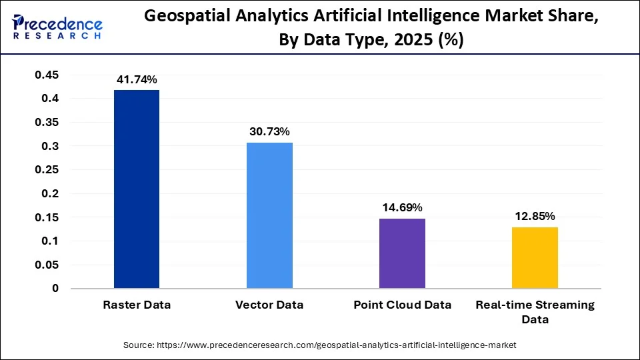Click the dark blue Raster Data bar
[x=137, y=189]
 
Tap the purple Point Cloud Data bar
[x=402, y=253]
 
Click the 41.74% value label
[x=137, y=79]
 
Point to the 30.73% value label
[x=269, y=132]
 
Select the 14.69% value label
[x=402, y=208]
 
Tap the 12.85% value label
[x=535, y=216]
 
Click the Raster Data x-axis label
[x=137, y=305]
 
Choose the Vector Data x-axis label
[x=269, y=305]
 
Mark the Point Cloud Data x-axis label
[x=402, y=305]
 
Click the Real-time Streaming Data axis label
[x=535, y=312]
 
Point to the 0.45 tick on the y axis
[x=46, y=75]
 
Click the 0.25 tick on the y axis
[x=46, y=170]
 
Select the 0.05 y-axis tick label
[x=46, y=265]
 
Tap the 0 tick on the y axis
[x=55, y=289]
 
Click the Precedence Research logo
[x=57, y=25]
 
